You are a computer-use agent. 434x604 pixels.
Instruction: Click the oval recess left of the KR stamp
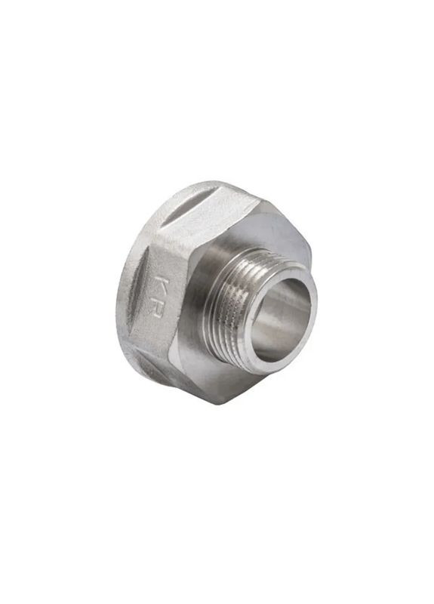pos(137,286)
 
